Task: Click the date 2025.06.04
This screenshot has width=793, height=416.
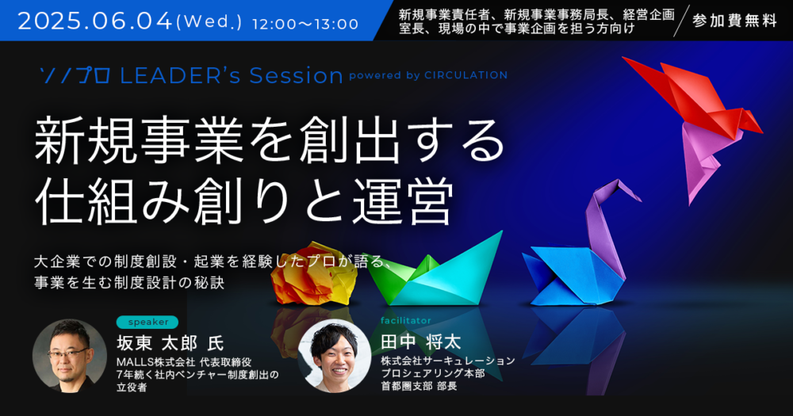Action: (94, 21)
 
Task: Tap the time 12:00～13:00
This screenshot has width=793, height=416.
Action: (305, 24)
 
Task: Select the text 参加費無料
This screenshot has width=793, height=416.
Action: (734, 21)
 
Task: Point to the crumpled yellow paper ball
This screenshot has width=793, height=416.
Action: (313, 273)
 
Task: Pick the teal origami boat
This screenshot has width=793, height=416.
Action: (435, 273)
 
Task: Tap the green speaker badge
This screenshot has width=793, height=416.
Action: (147, 322)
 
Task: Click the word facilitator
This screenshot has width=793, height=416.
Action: (405, 320)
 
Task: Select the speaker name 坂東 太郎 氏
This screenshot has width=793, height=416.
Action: (170, 343)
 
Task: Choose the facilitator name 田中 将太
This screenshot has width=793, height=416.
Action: (421, 342)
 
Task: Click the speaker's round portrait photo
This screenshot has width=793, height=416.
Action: (69, 355)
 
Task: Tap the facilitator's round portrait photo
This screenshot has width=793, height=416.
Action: (335, 356)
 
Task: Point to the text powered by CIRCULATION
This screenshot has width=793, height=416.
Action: (428, 75)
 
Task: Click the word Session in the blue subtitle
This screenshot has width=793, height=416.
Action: (296, 75)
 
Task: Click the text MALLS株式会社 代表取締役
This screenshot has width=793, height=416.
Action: (184, 362)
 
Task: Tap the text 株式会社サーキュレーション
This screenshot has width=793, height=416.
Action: (447, 361)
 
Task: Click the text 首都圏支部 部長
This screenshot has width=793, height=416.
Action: (419, 386)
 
